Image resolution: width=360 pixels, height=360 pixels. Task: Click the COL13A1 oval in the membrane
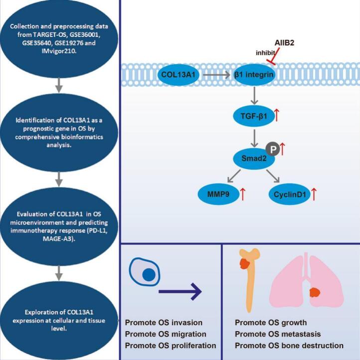coord(178,75)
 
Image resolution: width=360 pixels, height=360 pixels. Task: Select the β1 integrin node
coord(254,75)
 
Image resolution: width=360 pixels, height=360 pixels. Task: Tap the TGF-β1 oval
coord(254,116)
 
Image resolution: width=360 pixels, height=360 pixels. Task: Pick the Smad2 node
coord(254,158)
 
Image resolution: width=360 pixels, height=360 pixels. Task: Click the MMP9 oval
coord(218,194)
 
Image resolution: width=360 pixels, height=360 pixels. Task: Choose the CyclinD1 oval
coord(289,194)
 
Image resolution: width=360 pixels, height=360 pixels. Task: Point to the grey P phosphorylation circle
coord(273,149)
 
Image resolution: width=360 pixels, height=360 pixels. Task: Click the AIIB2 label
coord(284,43)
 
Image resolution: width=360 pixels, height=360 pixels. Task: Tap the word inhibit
coord(265,53)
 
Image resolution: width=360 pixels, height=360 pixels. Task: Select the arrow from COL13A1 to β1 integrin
coord(216,75)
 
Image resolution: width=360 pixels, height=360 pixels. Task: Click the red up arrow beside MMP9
coord(243,194)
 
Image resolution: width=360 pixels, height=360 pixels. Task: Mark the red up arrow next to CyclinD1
coord(314,194)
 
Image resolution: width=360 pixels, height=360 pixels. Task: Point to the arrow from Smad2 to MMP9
coord(233,176)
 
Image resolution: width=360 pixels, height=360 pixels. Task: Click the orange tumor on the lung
coord(315,293)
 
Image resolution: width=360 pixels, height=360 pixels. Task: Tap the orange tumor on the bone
coord(245,263)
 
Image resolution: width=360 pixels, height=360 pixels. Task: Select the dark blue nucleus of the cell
coord(149,274)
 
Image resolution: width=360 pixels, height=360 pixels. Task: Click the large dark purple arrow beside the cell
coord(180,292)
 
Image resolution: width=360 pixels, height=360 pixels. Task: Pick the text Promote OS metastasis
coord(278,334)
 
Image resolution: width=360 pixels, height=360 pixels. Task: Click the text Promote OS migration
coord(166,334)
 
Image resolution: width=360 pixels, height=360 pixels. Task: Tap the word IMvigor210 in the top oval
coord(59,51)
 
